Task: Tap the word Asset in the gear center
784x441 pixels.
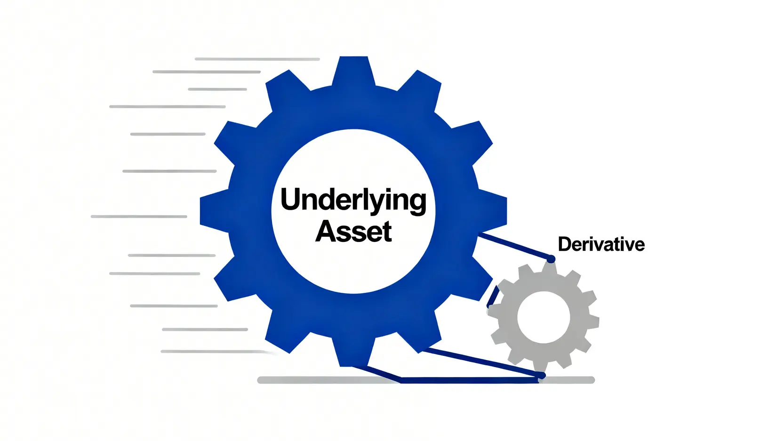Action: pos(353,232)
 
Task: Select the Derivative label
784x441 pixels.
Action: pos(601,244)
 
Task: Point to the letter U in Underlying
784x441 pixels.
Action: pos(290,199)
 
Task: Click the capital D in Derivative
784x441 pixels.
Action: pos(564,244)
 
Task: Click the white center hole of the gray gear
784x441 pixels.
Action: pos(544,317)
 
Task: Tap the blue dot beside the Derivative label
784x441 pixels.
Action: pos(551,259)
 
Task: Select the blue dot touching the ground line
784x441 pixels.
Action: pos(542,376)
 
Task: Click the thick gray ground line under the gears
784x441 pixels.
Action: pos(329,380)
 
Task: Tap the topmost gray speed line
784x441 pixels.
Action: pos(257,59)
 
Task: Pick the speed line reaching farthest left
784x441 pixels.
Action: pos(139,216)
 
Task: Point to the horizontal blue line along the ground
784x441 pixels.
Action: pos(471,381)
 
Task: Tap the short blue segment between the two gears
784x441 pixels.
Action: pos(492,297)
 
